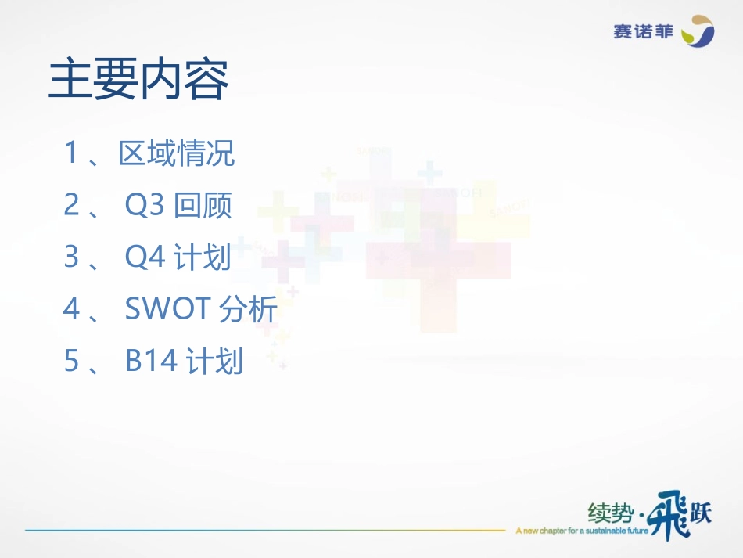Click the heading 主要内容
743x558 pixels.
(138, 81)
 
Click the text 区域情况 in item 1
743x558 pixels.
(177, 153)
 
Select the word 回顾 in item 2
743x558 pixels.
(203, 206)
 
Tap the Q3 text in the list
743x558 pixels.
(145, 206)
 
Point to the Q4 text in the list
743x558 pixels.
(145, 257)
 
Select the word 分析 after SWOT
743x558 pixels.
(249, 310)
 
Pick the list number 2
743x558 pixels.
(71, 206)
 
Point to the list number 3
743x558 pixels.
(71, 257)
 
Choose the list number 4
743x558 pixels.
(71, 310)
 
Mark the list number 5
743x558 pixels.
(71, 362)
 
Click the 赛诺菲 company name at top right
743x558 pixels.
(644, 32)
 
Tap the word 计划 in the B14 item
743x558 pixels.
(215, 362)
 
